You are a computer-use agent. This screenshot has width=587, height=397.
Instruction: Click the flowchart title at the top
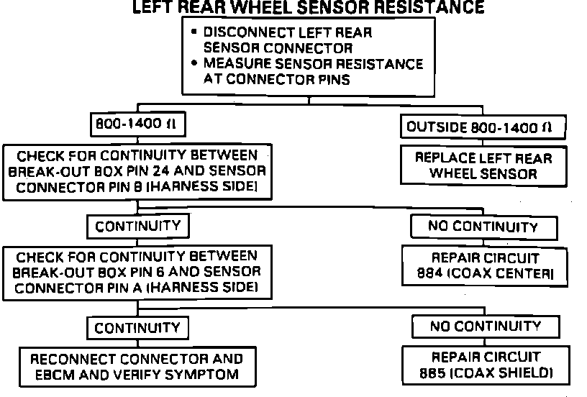coord(309,7)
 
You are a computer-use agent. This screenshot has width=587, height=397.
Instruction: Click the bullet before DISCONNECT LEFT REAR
coord(194,32)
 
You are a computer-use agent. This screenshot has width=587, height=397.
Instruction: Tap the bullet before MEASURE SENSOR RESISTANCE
coord(194,63)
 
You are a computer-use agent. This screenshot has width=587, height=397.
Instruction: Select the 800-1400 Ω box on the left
coord(138,124)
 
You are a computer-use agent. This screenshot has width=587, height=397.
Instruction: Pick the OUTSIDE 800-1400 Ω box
coord(483,127)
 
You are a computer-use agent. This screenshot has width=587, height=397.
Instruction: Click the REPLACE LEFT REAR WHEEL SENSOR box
coord(483,165)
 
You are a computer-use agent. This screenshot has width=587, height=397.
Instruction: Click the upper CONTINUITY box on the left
coord(138,227)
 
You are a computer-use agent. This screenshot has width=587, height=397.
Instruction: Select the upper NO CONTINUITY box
coord(483,227)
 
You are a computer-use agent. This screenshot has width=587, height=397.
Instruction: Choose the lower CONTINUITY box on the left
coord(137,328)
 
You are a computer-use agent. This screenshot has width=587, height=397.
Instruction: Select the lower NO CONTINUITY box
coord(486,327)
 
